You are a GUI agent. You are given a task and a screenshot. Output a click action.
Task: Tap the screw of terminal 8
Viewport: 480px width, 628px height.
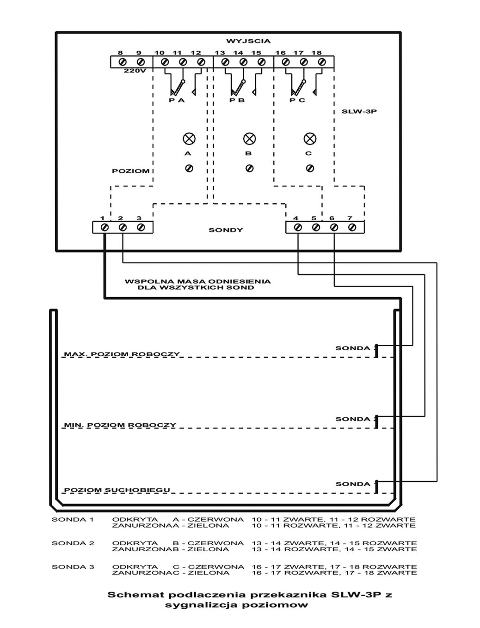pos(123,61)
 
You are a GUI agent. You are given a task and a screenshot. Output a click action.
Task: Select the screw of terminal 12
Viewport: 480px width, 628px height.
pos(200,61)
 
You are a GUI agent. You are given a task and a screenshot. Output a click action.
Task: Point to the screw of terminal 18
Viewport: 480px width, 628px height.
pos(321,61)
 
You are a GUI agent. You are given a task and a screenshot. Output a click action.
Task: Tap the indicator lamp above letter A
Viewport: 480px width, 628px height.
pos(189,138)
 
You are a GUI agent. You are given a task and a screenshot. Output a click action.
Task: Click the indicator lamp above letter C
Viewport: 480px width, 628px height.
pos(309,138)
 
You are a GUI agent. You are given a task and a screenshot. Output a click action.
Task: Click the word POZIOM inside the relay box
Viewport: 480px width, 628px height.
pos(130,171)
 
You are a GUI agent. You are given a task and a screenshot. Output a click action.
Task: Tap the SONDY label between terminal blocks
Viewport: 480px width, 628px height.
pos(225,230)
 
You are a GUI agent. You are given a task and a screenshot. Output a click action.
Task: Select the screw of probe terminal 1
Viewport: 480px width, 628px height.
pos(105,227)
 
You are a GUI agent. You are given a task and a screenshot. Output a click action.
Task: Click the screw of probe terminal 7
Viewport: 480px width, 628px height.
pos(352,227)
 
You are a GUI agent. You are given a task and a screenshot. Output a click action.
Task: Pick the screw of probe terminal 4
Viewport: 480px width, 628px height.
pos(298,227)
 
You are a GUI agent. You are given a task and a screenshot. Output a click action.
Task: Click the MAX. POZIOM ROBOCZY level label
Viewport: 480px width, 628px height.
pos(122,354)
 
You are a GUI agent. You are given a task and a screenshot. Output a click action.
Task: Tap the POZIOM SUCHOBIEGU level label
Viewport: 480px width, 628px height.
pos(117,490)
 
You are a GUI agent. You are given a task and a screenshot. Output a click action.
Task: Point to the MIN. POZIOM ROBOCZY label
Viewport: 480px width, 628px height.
pos(120,425)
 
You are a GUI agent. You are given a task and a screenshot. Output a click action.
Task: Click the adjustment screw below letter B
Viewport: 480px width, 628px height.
pos(249,168)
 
